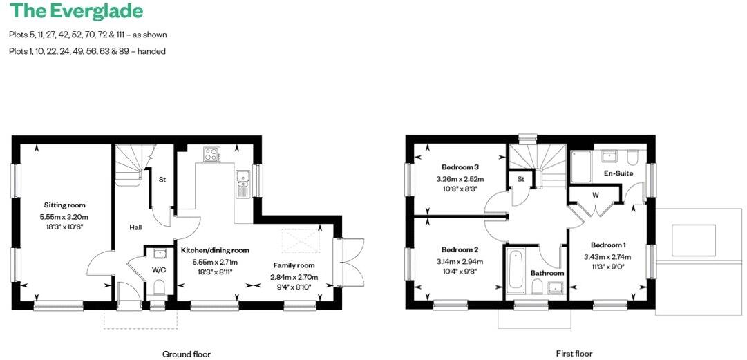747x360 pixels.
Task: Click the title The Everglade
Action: [77, 11]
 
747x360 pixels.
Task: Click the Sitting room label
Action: [65, 205]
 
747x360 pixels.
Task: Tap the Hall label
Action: [136, 227]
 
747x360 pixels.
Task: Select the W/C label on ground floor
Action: [158, 270]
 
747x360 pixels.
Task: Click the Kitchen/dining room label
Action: [214, 250]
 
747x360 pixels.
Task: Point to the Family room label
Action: [294, 265]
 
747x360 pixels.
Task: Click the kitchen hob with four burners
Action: [211, 154]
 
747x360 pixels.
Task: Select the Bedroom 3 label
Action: [460, 167]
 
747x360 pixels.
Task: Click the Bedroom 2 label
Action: [460, 249]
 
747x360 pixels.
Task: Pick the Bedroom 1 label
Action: [608, 245]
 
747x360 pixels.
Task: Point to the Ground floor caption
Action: [186, 354]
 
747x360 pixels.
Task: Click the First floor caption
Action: [574, 354]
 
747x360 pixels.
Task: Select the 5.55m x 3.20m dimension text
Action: [65, 217]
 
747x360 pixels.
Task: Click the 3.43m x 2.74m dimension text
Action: [608, 257]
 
